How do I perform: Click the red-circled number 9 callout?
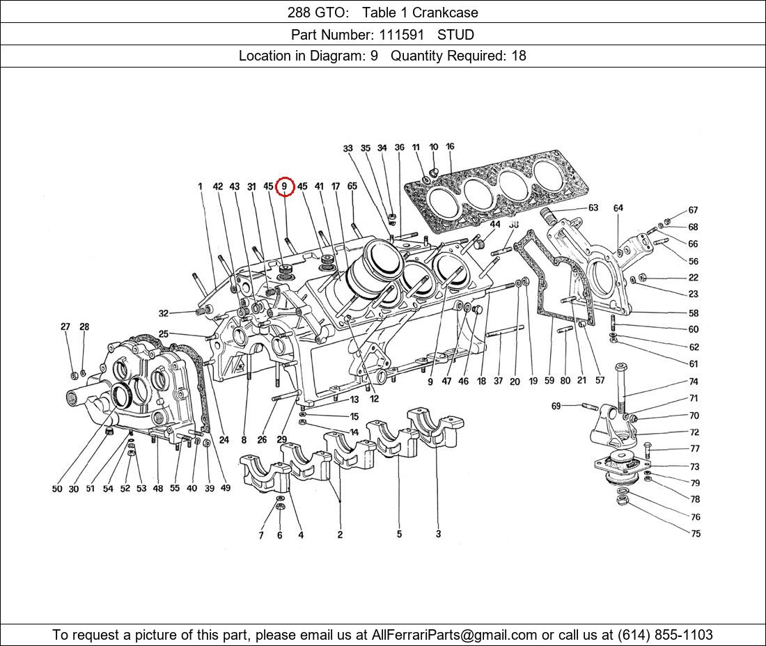pos(285,187)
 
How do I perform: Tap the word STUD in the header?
pos(455,34)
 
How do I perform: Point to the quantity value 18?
pos(519,56)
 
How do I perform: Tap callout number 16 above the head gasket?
pos(450,147)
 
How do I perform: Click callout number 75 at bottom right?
pos(695,534)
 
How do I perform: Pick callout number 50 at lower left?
pos(57,489)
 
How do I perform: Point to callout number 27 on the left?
pos(65,326)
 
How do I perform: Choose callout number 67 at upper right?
pos(693,210)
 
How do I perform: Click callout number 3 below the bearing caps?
pos(438,535)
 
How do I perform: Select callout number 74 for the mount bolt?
pos(694,381)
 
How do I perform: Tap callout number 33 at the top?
pos(348,148)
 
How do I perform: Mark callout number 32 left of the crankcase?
pos(163,313)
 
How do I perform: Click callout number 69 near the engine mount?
pos(556,406)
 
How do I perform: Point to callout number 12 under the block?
pos(374,399)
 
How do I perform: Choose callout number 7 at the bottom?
pos(261,535)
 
